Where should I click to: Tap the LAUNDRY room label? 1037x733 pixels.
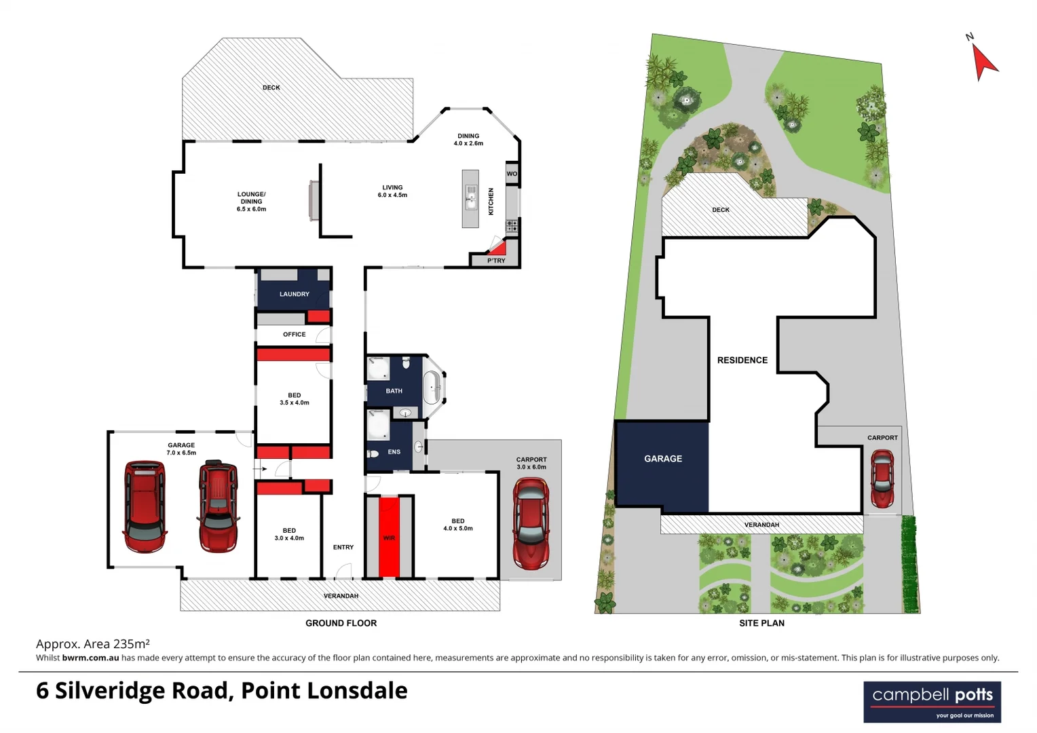click(294, 294)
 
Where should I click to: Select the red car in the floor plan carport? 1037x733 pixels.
click(531, 523)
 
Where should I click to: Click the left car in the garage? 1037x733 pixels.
click(145, 506)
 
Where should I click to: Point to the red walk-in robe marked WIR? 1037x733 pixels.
click(389, 537)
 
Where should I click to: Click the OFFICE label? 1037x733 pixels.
click(294, 334)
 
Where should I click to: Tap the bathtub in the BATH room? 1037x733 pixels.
click(432, 389)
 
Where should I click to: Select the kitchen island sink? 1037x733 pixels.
click(470, 200)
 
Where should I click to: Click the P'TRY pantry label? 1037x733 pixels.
click(496, 261)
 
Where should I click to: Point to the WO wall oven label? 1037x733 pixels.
click(512, 174)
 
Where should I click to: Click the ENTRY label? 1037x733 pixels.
click(343, 547)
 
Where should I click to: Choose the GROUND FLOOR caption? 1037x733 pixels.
click(341, 623)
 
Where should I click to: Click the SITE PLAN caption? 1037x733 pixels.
click(761, 623)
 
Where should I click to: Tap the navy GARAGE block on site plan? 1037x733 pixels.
click(662, 464)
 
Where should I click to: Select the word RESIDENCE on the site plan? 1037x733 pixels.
click(742, 360)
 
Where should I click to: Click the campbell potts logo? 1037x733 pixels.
click(932, 702)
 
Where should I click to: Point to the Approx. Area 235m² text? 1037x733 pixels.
click(92, 643)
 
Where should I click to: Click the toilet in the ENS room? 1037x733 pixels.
click(373, 453)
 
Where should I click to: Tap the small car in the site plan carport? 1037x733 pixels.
click(882, 478)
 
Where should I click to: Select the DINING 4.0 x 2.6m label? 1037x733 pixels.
click(468, 139)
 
